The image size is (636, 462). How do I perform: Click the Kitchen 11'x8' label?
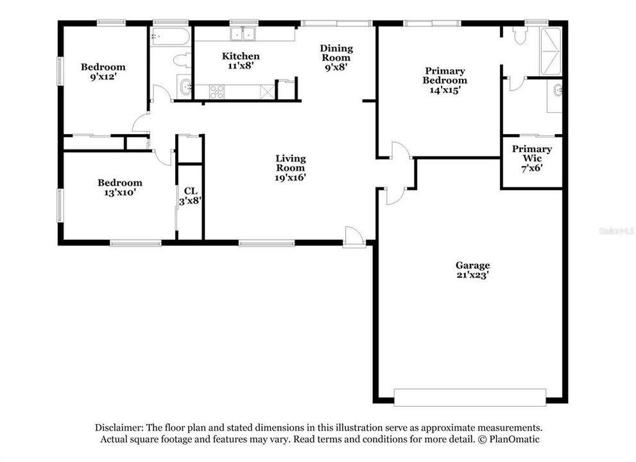coord(241,60)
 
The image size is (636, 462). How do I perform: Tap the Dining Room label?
coord(336,57)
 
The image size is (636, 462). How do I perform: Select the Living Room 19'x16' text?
coord(290,168)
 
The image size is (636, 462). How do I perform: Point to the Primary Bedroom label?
coord(444,80)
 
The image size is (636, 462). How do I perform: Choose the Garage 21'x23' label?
coord(472,269)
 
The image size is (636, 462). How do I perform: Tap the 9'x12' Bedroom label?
coord(103,71)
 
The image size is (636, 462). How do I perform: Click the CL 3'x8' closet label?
coord(190,196)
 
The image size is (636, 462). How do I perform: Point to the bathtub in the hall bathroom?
coord(170,37)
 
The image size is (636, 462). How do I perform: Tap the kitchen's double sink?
coord(244,33)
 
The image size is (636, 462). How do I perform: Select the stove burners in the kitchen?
coord(217,92)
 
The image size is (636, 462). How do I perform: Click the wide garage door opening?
coord(470,397)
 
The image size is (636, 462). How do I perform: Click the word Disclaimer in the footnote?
coord(119,427)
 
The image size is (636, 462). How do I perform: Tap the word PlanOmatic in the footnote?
coord(513,440)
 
